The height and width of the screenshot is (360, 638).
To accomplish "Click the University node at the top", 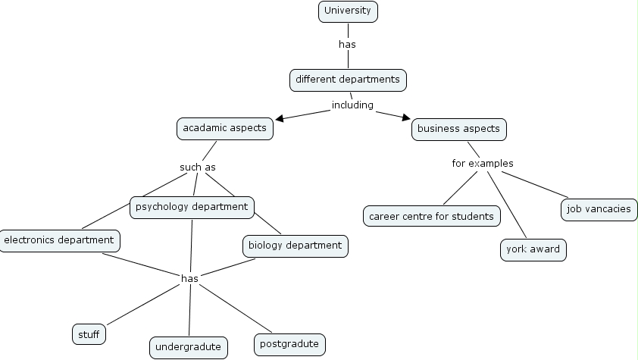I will coord(347,11).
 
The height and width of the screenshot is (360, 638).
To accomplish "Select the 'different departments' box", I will coord(348,79).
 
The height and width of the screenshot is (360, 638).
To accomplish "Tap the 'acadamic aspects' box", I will coord(224,128).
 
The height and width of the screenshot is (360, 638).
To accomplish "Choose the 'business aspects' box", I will coord(458,129).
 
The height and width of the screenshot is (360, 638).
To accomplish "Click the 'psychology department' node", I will coord(192,206).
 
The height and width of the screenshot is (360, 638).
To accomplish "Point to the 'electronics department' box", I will coord(59,240).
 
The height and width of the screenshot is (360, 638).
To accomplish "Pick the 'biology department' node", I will coord(295,246).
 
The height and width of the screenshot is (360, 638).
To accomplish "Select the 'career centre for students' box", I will coord(431,216).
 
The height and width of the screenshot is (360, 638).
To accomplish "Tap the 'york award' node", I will coord(533,249).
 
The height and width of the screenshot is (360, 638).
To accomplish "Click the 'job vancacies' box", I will coord(599,209).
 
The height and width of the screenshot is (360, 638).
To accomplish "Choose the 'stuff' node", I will coord(89,333).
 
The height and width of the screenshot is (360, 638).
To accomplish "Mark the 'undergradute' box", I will coord(188,347).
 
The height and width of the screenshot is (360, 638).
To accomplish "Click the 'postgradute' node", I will coord(289,344).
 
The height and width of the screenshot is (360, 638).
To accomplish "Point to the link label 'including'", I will coord(352,105).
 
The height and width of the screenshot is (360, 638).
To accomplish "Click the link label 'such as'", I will coord(199,167).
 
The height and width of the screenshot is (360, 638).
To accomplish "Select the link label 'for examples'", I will coord(483,163).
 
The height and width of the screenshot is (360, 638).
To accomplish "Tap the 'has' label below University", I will coord(347,44).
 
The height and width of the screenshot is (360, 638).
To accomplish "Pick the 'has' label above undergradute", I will coord(189,278).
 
